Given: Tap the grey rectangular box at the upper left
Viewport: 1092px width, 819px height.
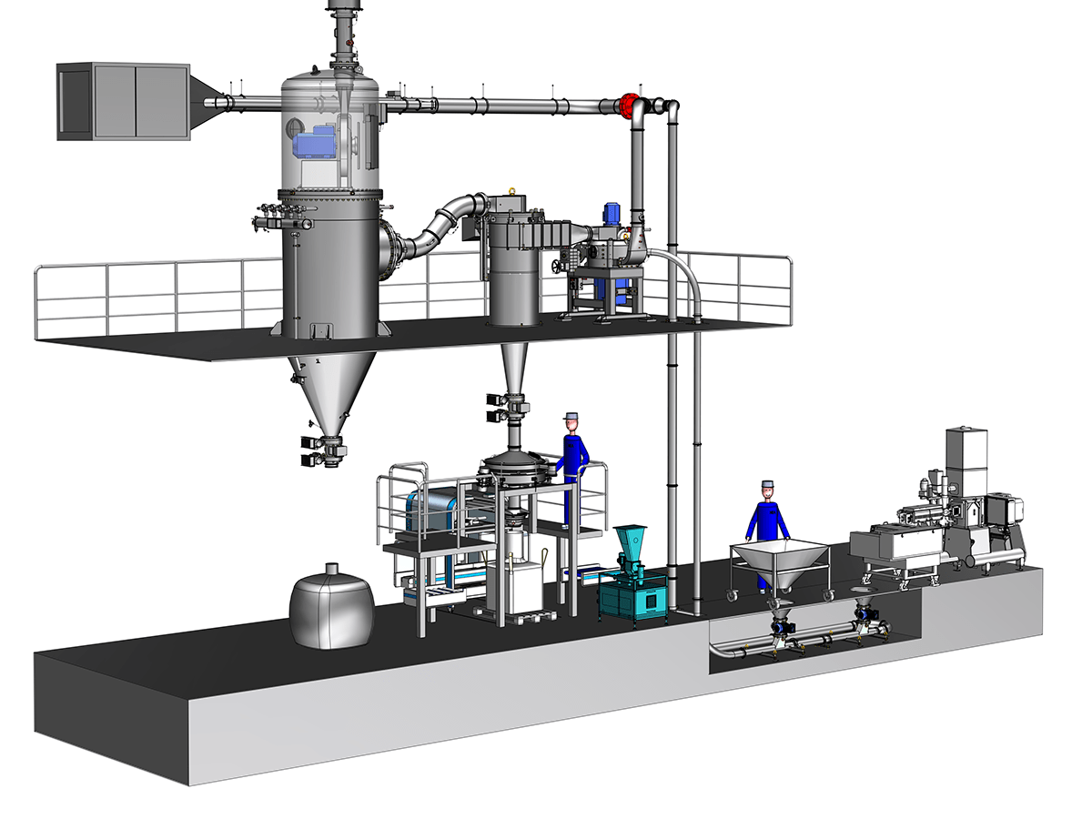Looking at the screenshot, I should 123,100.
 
